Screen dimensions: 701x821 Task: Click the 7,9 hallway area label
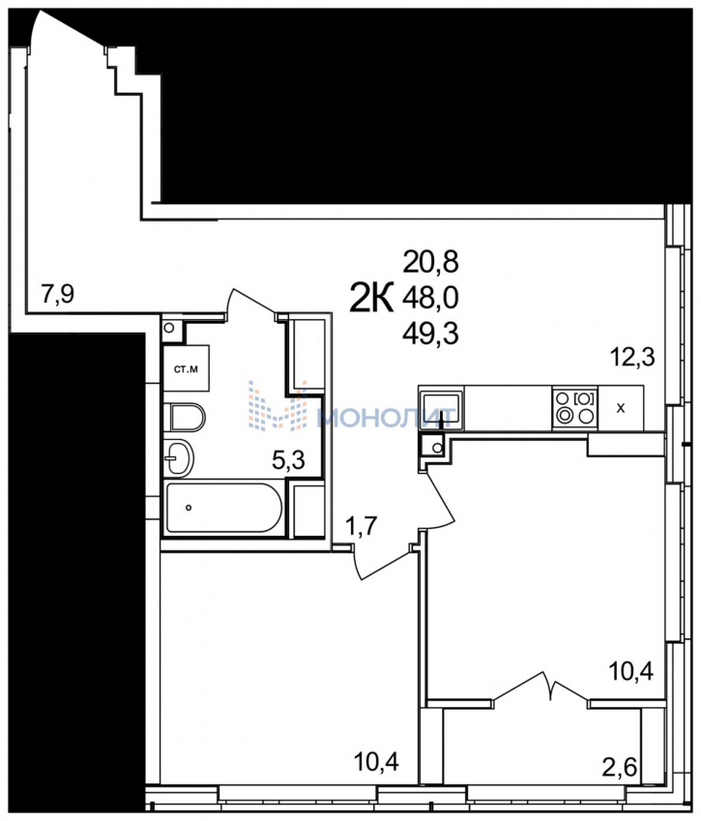(58, 294)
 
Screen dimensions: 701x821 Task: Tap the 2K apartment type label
(371, 298)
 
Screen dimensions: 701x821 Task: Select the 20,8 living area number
(430, 262)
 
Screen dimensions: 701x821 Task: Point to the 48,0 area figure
(430, 298)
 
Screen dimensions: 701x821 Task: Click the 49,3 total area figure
(430, 333)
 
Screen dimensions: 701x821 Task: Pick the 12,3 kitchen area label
(632, 358)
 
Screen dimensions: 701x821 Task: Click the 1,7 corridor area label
(362, 525)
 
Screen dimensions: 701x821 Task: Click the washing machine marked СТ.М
(187, 368)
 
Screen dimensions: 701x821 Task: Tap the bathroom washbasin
(178, 457)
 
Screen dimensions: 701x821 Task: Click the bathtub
(224, 508)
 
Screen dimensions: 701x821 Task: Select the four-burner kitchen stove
(575, 408)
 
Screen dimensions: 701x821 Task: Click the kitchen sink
(441, 408)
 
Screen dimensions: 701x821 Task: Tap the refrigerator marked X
(621, 408)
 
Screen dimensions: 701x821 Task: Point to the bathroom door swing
(251, 304)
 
